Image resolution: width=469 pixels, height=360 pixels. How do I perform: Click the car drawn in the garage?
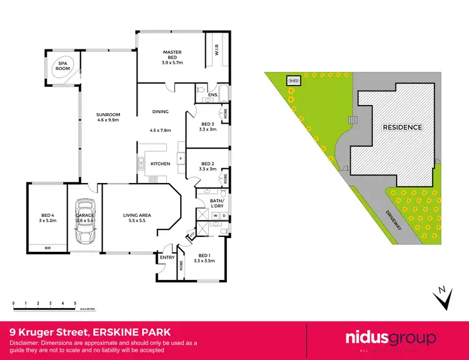[x=84, y=222]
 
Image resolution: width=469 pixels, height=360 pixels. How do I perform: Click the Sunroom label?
[x=108, y=118]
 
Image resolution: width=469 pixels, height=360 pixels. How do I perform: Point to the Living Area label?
[x=138, y=218]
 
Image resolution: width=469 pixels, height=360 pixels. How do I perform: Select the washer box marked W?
[x=216, y=216]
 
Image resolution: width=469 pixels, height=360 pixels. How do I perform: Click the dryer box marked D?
[x=224, y=216]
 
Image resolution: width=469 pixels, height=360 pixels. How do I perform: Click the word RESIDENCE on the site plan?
[x=402, y=127]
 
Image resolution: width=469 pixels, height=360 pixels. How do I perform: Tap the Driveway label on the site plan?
[x=392, y=218]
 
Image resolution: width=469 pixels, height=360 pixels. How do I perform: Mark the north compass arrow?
[x=443, y=298]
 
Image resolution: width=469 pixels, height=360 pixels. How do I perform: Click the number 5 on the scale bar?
[x=75, y=303]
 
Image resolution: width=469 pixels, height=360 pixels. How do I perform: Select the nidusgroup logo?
[x=386, y=339]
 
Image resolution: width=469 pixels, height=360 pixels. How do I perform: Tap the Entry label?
[x=167, y=257]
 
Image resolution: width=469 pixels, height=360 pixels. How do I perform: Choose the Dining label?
[x=161, y=112]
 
